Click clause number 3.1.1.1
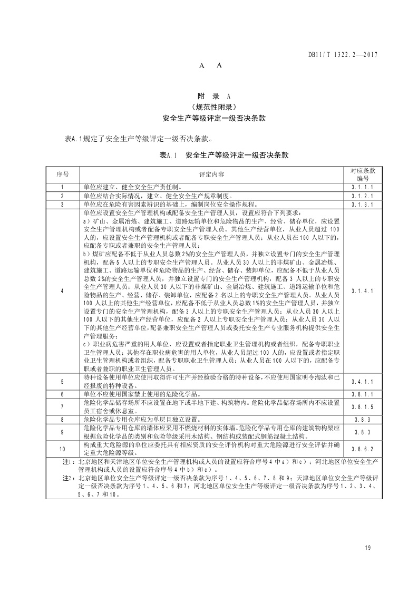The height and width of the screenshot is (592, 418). pyautogui.click(x=362, y=187)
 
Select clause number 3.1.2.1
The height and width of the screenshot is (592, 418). pyautogui.click(x=362, y=196)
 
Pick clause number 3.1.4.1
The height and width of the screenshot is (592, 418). pyautogui.click(x=362, y=290)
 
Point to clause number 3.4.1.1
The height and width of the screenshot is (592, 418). pyautogui.click(x=362, y=381)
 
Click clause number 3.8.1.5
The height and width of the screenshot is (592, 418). pyautogui.click(x=362, y=406)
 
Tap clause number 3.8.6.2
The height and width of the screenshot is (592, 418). pyautogui.click(x=362, y=449)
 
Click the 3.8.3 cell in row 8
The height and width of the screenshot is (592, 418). pyautogui.click(x=362, y=419)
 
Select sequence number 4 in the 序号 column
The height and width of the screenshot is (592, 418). pyautogui.click(x=62, y=290)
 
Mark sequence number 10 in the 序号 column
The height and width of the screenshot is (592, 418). pyautogui.click(x=62, y=449)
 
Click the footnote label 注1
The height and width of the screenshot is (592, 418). pyautogui.click(x=67, y=462)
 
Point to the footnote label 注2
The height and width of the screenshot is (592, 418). pyautogui.click(x=67, y=479)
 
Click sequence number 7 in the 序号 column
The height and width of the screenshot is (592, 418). pyautogui.click(x=62, y=406)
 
